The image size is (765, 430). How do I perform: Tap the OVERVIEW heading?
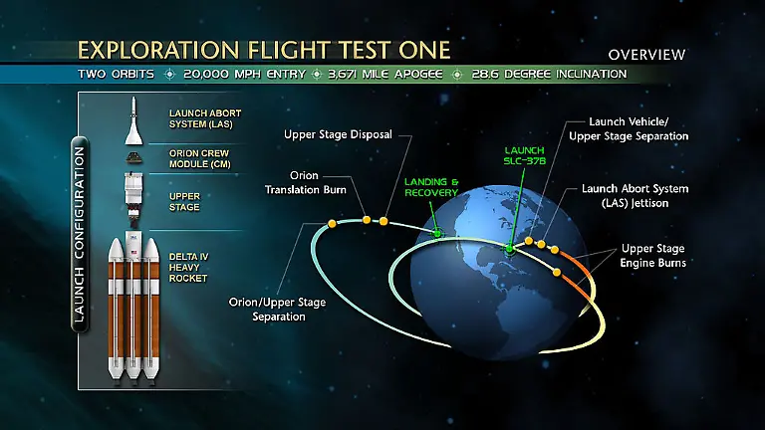point(646,54)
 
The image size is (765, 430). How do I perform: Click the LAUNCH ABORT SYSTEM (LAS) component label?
point(205,117)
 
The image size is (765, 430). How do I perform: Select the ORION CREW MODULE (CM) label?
point(204,159)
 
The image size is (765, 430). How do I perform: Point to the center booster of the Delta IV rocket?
point(131,309)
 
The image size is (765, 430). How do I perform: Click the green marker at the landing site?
point(437,233)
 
